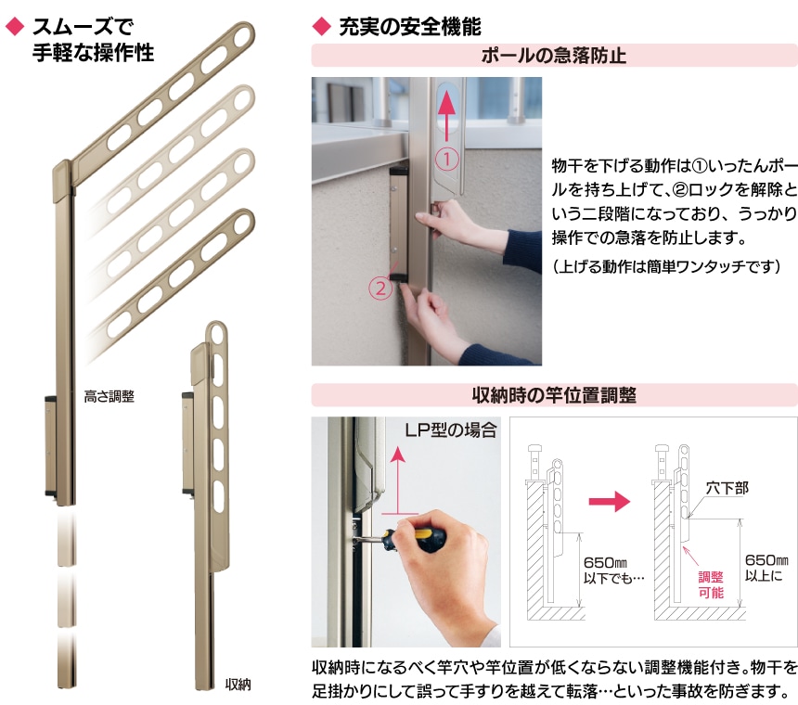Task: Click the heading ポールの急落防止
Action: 554,56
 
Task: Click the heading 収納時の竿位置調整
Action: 554,395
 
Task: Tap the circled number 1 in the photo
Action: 447,160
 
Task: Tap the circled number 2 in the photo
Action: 380,288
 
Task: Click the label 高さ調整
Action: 109,396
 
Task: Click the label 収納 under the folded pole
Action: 238,685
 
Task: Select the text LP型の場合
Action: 451,430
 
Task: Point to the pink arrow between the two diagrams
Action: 610,502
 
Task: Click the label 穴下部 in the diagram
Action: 727,488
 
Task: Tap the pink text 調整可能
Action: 711,584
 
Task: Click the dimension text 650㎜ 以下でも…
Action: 613,570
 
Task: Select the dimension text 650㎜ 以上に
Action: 766,568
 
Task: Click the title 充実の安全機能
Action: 410,27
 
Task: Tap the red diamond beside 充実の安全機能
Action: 321,27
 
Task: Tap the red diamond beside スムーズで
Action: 15,27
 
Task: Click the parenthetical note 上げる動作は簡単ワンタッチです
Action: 666,266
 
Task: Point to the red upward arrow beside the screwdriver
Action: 398,481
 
